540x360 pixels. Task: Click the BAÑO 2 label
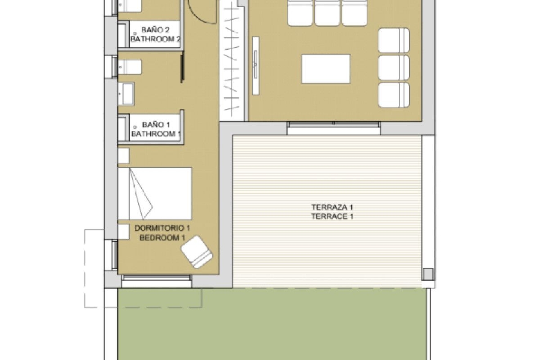[x=155, y=30]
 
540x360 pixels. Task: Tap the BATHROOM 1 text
[x=156, y=134]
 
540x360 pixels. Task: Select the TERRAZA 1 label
[x=332, y=207]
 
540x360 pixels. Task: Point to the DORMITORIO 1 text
[x=162, y=228]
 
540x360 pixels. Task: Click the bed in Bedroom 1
[x=155, y=193]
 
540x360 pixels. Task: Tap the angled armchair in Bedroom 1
[x=197, y=252]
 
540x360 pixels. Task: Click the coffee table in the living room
[x=326, y=69]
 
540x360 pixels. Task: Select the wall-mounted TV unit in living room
[x=256, y=66]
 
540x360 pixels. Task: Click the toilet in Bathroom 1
[x=129, y=67]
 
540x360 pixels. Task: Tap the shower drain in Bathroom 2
[x=135, y=35]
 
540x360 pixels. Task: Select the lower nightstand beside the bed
[x=123, y=231]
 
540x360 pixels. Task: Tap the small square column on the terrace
[x=428, y=274]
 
